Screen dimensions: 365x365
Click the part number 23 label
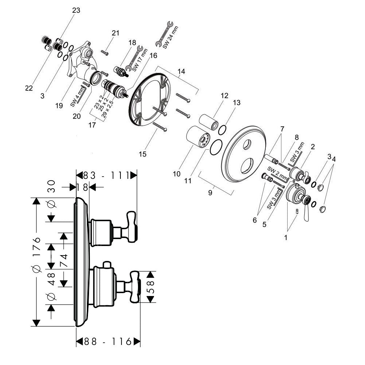click(76, 11)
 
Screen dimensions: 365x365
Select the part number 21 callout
click(116, 33)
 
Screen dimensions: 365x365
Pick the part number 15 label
click(143, 154)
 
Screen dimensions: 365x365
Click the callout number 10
click(176, 174)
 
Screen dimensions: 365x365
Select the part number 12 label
click(224, 96)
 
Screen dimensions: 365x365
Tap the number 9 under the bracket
click(210, 193)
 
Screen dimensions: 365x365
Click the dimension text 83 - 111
click(105, 175)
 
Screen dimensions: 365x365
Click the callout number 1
click(286, 237)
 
